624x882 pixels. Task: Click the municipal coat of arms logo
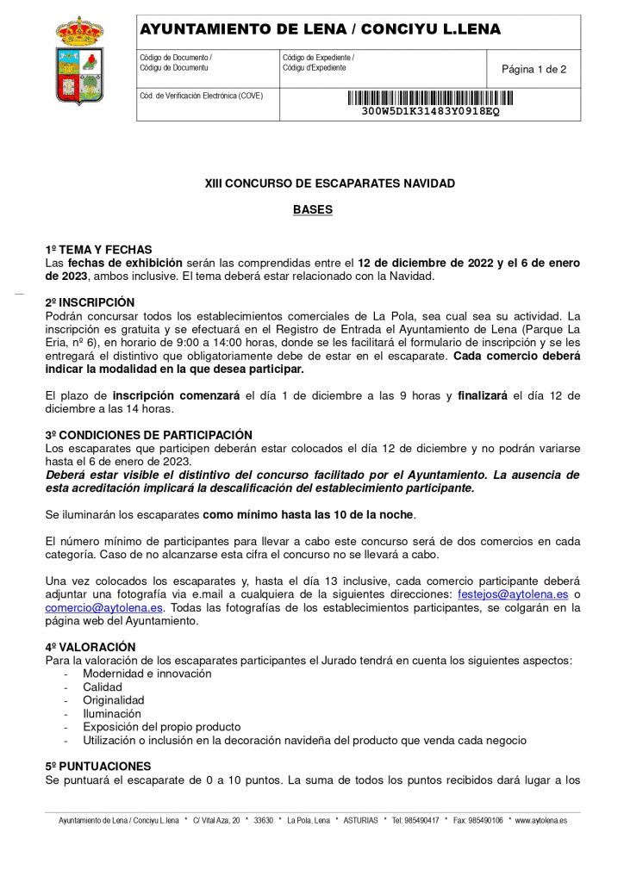point(79,60)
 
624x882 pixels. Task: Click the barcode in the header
point(430,97)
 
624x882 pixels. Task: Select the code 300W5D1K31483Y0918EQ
point(430,112)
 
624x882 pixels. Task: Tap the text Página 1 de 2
point(534,69)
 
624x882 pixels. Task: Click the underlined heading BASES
point(312,209)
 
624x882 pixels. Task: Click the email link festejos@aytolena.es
point(512,594)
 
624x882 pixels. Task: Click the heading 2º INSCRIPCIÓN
point(90,303)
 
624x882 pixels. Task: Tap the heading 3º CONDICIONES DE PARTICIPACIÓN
point(148,435)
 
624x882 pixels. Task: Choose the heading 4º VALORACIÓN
point(90,647)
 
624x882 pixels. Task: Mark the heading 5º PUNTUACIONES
point(98,766)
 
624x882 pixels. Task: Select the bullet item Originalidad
point(114,700)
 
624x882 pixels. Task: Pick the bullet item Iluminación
point(112,714)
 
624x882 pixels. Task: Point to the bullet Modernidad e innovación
point(147,674)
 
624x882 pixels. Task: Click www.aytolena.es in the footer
point(540,821)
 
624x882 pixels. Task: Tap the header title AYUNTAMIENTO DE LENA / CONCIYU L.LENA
point(320,30)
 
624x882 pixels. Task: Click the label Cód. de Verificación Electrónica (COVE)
point(201,96)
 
